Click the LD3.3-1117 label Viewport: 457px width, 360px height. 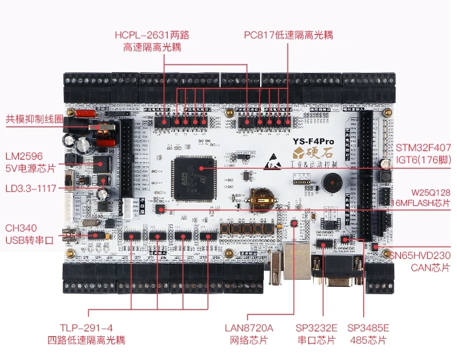[x=29, y=188]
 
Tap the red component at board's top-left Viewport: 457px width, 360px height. [x=87, y=113]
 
